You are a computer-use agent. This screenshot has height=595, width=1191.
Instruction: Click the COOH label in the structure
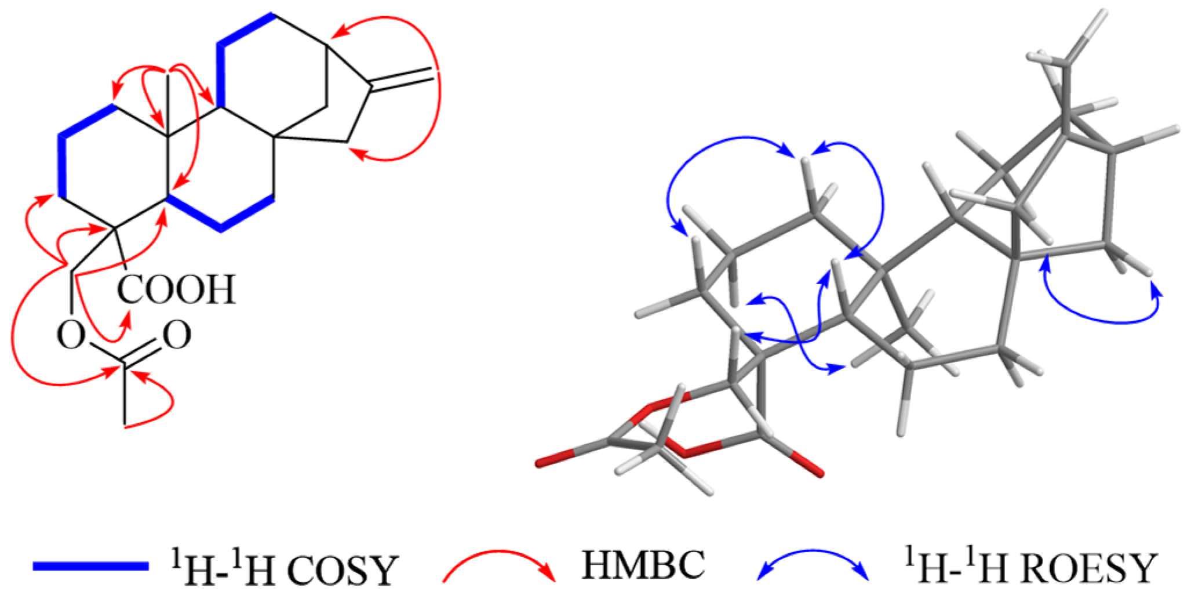click(x=177, y=289)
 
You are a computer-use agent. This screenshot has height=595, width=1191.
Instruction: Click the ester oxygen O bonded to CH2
click(x=71, y=335)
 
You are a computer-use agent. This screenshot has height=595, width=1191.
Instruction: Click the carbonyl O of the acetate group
click(x=177, y=335)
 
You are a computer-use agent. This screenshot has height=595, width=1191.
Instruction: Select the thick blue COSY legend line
click(x=90, y=566)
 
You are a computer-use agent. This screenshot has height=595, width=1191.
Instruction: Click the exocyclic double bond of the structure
click(x=402, y=80)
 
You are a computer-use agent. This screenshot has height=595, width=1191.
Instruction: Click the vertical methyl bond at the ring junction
click(x=168, y=104)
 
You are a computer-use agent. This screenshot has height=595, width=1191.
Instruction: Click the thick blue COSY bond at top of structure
click(x=246, y=29)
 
